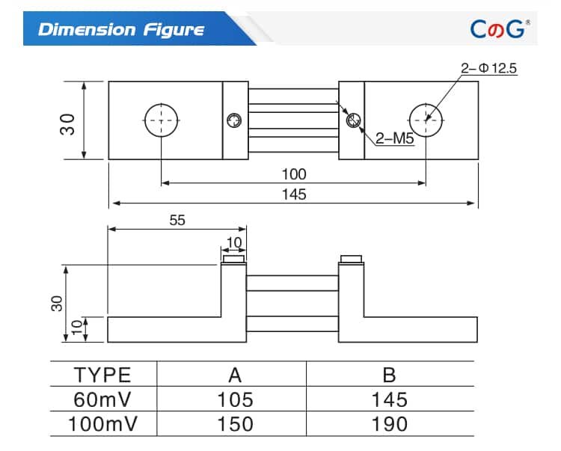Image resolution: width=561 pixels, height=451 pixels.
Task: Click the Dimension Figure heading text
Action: pos(120,30)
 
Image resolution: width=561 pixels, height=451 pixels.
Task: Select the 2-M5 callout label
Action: pos(394,138)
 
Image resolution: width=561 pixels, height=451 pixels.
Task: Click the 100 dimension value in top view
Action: pos(293,174)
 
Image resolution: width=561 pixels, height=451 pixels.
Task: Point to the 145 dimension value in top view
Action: pos(294,194)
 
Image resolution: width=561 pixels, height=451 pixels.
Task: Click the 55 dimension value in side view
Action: pos(177,220)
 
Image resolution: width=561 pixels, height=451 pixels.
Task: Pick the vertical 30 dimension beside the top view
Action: pos(68,122)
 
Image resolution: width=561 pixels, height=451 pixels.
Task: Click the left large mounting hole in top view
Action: pos(162,120)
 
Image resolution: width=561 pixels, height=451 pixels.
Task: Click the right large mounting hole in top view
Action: pos(426,120)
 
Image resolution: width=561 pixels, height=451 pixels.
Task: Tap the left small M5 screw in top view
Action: pos(235,120)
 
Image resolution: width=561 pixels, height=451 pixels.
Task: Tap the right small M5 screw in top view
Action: pos(352,120)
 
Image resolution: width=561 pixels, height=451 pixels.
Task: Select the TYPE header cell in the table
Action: pos(103,375)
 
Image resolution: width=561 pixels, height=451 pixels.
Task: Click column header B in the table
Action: pos(389,375)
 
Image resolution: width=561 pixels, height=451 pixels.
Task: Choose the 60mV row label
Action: pos(103,399)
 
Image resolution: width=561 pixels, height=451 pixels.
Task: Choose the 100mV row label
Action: pos(103,424)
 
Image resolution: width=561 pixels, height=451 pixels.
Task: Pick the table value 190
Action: pos(389,424)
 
